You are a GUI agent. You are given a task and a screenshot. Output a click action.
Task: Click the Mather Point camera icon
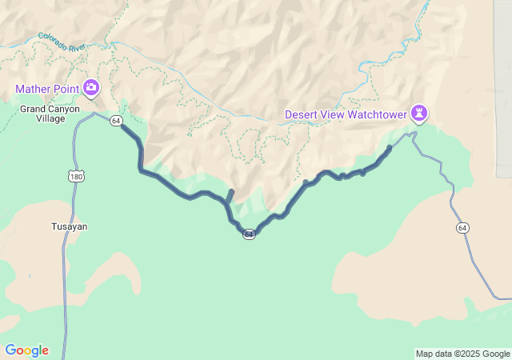91,86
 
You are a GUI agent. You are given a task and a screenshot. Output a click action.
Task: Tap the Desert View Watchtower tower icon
418,113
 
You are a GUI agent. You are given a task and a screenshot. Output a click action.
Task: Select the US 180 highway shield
74,175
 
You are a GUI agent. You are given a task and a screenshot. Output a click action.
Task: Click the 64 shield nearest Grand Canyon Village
117,121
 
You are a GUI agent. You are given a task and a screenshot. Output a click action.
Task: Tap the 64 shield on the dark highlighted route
249,234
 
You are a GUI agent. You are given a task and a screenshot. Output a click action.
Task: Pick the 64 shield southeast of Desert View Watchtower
462,228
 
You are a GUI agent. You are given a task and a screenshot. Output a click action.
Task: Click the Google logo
26,350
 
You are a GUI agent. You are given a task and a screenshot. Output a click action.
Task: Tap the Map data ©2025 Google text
462,354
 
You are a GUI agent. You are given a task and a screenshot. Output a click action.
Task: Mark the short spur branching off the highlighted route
230,195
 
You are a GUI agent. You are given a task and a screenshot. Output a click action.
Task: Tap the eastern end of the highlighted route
390,147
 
